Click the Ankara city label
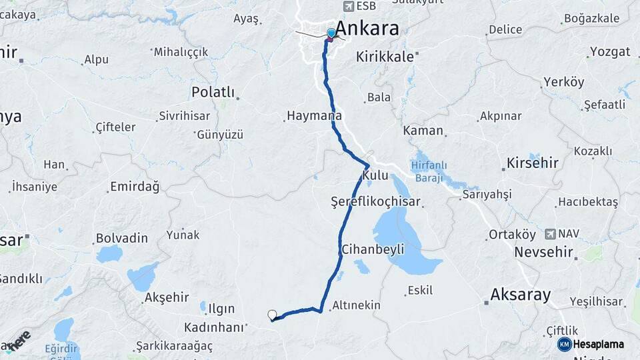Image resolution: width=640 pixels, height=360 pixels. point(367,28)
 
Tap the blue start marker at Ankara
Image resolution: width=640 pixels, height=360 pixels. point(331,33)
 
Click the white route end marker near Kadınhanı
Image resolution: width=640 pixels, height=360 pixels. point(272,315)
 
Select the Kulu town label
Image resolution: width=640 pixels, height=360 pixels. point(375,175)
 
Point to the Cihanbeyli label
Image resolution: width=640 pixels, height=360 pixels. point(373,249)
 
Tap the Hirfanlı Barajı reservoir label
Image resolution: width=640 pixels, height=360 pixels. point(429,171)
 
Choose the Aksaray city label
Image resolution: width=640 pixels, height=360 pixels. point(520,294)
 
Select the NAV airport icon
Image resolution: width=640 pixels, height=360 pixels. point(550,233)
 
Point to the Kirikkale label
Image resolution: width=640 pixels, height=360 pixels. point(385,57)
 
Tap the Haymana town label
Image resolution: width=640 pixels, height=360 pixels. point(314,115)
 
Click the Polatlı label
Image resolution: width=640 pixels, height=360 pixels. point(213,92)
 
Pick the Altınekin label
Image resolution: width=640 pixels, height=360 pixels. point(356,305)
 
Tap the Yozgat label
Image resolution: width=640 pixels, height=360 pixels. point(610,52)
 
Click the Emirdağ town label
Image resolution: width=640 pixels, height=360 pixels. point(135,187)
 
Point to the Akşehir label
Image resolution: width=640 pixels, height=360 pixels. point(167,297)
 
